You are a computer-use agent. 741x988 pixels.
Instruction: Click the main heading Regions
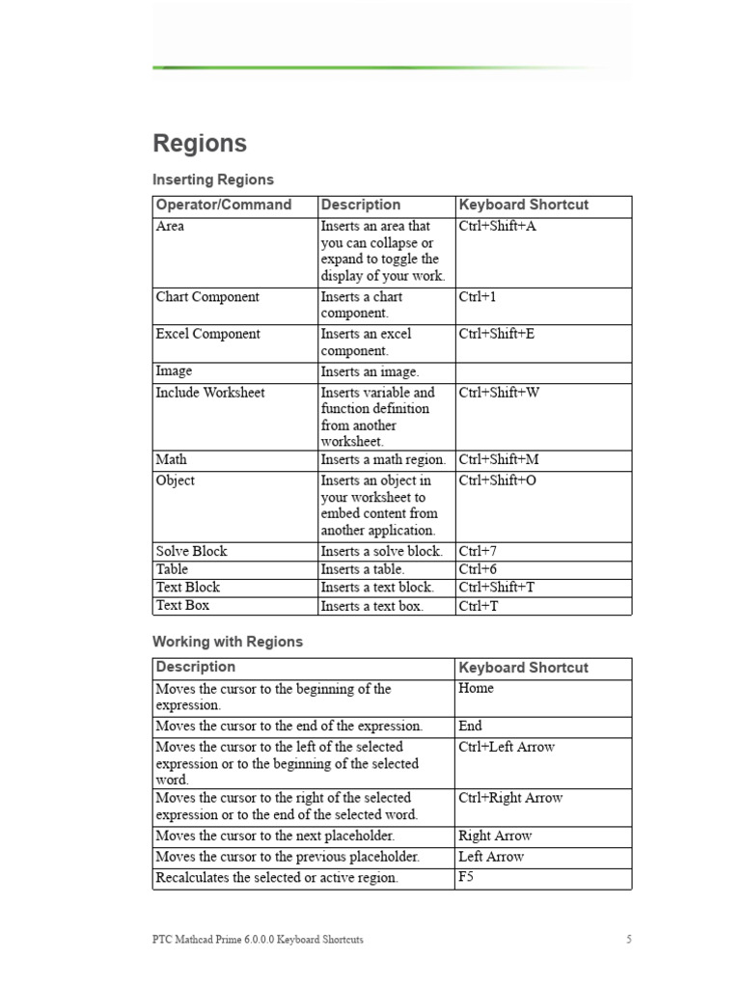200,144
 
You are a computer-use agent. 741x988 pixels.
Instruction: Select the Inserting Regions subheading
213,179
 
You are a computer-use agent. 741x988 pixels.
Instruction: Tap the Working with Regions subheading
228,642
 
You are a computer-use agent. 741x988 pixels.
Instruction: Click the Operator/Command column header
224,205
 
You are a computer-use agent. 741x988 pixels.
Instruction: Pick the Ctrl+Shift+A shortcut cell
497,227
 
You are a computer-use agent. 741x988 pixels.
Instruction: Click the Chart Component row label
207,297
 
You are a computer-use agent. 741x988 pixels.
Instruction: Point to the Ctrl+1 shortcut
478,297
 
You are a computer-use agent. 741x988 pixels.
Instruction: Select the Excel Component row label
207,334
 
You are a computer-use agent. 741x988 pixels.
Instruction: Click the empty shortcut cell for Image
542,372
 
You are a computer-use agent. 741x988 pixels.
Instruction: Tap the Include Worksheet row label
209,393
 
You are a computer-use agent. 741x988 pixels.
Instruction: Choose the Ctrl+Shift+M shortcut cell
499,460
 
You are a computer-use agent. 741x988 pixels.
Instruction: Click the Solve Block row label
192,551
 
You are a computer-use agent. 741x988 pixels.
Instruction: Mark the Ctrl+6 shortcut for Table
479,569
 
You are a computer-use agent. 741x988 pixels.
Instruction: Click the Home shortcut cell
477,688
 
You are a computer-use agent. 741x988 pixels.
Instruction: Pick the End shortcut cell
471,726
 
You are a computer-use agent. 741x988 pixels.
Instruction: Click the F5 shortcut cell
467,877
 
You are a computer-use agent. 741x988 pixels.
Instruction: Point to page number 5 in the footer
628,940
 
